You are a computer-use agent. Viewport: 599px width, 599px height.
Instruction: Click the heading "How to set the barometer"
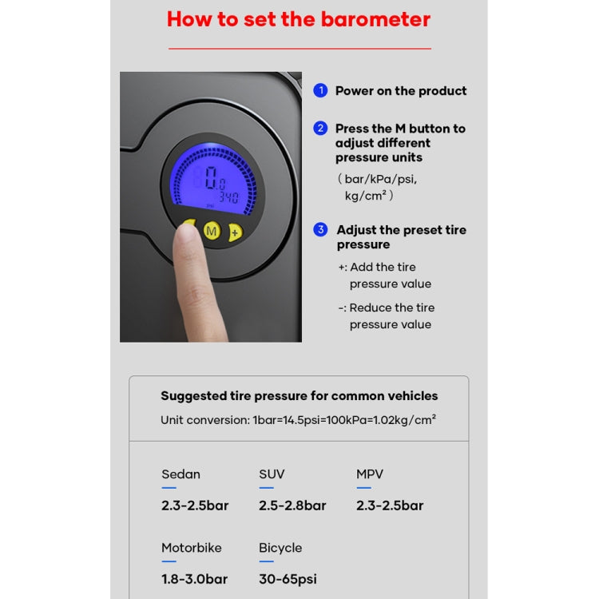click(x=299, y=19)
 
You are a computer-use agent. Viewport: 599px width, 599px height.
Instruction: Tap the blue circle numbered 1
click(x=320, y=90)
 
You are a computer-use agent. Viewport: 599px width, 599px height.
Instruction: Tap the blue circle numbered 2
click(x=320, y=128)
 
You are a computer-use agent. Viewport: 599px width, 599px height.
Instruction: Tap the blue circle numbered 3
click(x=320, y=229)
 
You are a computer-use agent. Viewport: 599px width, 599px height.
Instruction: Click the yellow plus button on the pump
click(x=234, y=232)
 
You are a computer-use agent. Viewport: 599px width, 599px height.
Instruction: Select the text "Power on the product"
click(x=401, y=91)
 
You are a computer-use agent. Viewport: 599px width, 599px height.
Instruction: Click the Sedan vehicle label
click(x=181, y=474)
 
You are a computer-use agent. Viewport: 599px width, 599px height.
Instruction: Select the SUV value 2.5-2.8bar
click(x=292, y=506)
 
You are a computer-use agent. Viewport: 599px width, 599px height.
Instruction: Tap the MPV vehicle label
click(x=370, y=474)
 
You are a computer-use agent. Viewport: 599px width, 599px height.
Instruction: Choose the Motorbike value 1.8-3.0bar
click(x=195, y=579)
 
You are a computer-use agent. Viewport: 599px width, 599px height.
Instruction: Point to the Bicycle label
click(x=280, y=548)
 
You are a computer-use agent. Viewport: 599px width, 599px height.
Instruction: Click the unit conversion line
click(x=298, y=419)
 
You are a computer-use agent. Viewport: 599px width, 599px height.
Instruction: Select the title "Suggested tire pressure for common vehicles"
click(x=299, y=395)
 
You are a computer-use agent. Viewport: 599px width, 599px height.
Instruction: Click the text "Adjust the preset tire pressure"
click(x=401, y=237)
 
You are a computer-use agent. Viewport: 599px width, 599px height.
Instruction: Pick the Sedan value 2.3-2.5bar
click(x=195, y=506)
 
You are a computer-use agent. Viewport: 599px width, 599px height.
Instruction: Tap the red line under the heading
click(x=299, y=49)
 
